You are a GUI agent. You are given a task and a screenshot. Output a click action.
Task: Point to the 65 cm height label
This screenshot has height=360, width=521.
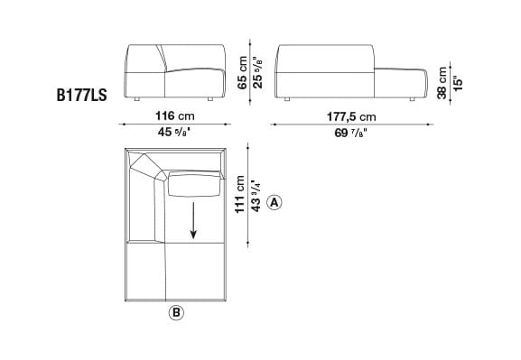242,71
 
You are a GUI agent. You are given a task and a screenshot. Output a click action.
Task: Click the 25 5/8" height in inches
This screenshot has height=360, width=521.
259,71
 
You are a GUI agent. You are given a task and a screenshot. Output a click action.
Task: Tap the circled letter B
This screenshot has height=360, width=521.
176,313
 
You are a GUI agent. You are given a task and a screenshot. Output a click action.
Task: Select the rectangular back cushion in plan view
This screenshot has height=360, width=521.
192,186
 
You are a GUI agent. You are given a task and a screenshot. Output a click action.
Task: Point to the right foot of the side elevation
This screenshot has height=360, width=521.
412,97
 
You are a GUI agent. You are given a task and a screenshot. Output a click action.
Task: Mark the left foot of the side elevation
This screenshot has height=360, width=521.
288,97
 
